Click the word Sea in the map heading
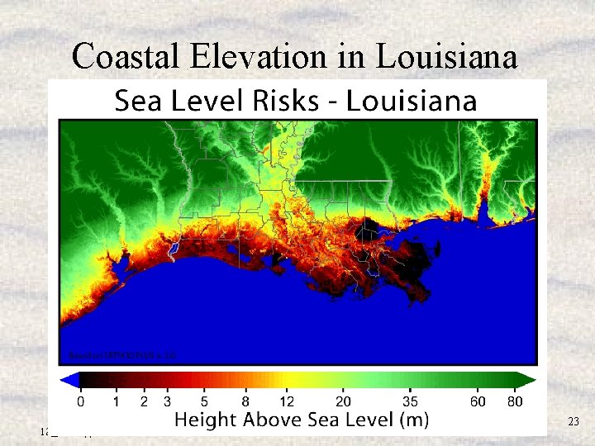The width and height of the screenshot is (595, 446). click(136, 102)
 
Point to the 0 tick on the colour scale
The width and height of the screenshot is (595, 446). click(80, 402)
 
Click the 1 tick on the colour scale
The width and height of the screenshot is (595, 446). click(117, 402)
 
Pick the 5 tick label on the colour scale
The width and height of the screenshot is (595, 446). click(204, 402)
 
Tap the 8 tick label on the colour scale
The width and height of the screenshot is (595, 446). click(245, 402)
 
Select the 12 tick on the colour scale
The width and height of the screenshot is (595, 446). click(287, 402)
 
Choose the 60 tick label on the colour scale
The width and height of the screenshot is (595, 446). click(478, 402)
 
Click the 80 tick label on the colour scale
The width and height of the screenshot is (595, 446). click(515, 402)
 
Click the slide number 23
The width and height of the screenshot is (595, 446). click(574, 423)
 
